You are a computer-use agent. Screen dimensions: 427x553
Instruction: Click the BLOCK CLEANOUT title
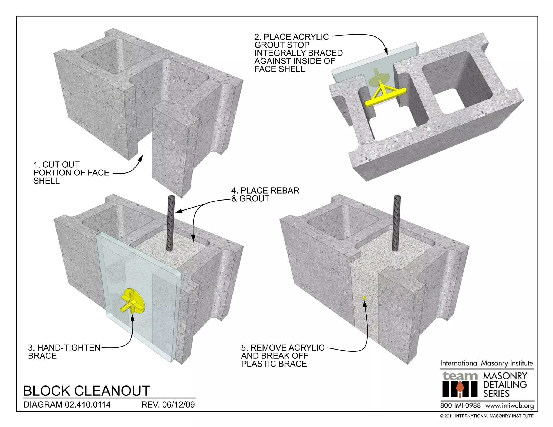click(86, 391)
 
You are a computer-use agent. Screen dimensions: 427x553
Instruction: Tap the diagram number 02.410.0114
click(87, 405)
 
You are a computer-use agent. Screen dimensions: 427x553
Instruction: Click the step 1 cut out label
click(71, 173)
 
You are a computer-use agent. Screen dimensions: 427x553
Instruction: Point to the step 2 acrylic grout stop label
click(298, 53)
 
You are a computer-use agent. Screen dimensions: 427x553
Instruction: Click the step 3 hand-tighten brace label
click(64, 351)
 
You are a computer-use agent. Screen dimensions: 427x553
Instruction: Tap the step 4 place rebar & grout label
click(265, 195)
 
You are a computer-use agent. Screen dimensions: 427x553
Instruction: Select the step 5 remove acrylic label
click(282, 355)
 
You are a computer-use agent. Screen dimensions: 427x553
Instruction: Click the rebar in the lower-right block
click(397, 223)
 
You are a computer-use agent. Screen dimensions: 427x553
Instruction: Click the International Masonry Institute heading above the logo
click(487, 363)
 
